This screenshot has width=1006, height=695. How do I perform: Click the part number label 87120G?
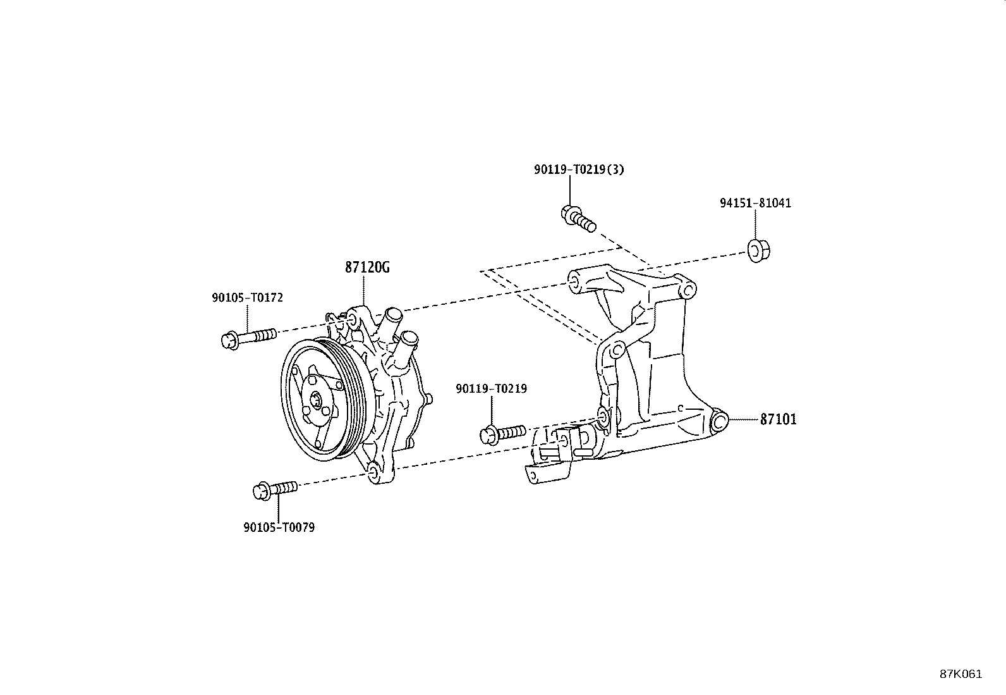point(367,268)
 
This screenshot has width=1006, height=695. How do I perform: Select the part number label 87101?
point(778,419)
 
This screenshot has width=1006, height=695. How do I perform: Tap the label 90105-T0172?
point(248,298)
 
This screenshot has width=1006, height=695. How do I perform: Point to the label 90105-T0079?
point(279,527)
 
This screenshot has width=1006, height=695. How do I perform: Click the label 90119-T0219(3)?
point(579,169)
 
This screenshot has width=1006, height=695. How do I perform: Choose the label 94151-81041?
point(755,203)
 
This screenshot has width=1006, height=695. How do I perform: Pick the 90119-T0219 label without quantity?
point(492,389)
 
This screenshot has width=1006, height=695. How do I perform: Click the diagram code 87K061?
point(961,674)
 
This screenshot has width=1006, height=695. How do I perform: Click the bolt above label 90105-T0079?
point(275,489)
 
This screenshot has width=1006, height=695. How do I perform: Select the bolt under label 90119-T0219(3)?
point(578,218)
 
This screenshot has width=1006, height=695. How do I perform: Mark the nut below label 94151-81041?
point(758,251)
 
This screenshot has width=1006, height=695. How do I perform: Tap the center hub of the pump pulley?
point(317,399)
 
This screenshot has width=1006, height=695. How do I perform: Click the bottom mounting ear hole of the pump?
point(372,472)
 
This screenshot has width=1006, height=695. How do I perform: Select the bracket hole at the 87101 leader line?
point(720,422)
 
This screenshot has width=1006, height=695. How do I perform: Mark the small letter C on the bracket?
point(681,408)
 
